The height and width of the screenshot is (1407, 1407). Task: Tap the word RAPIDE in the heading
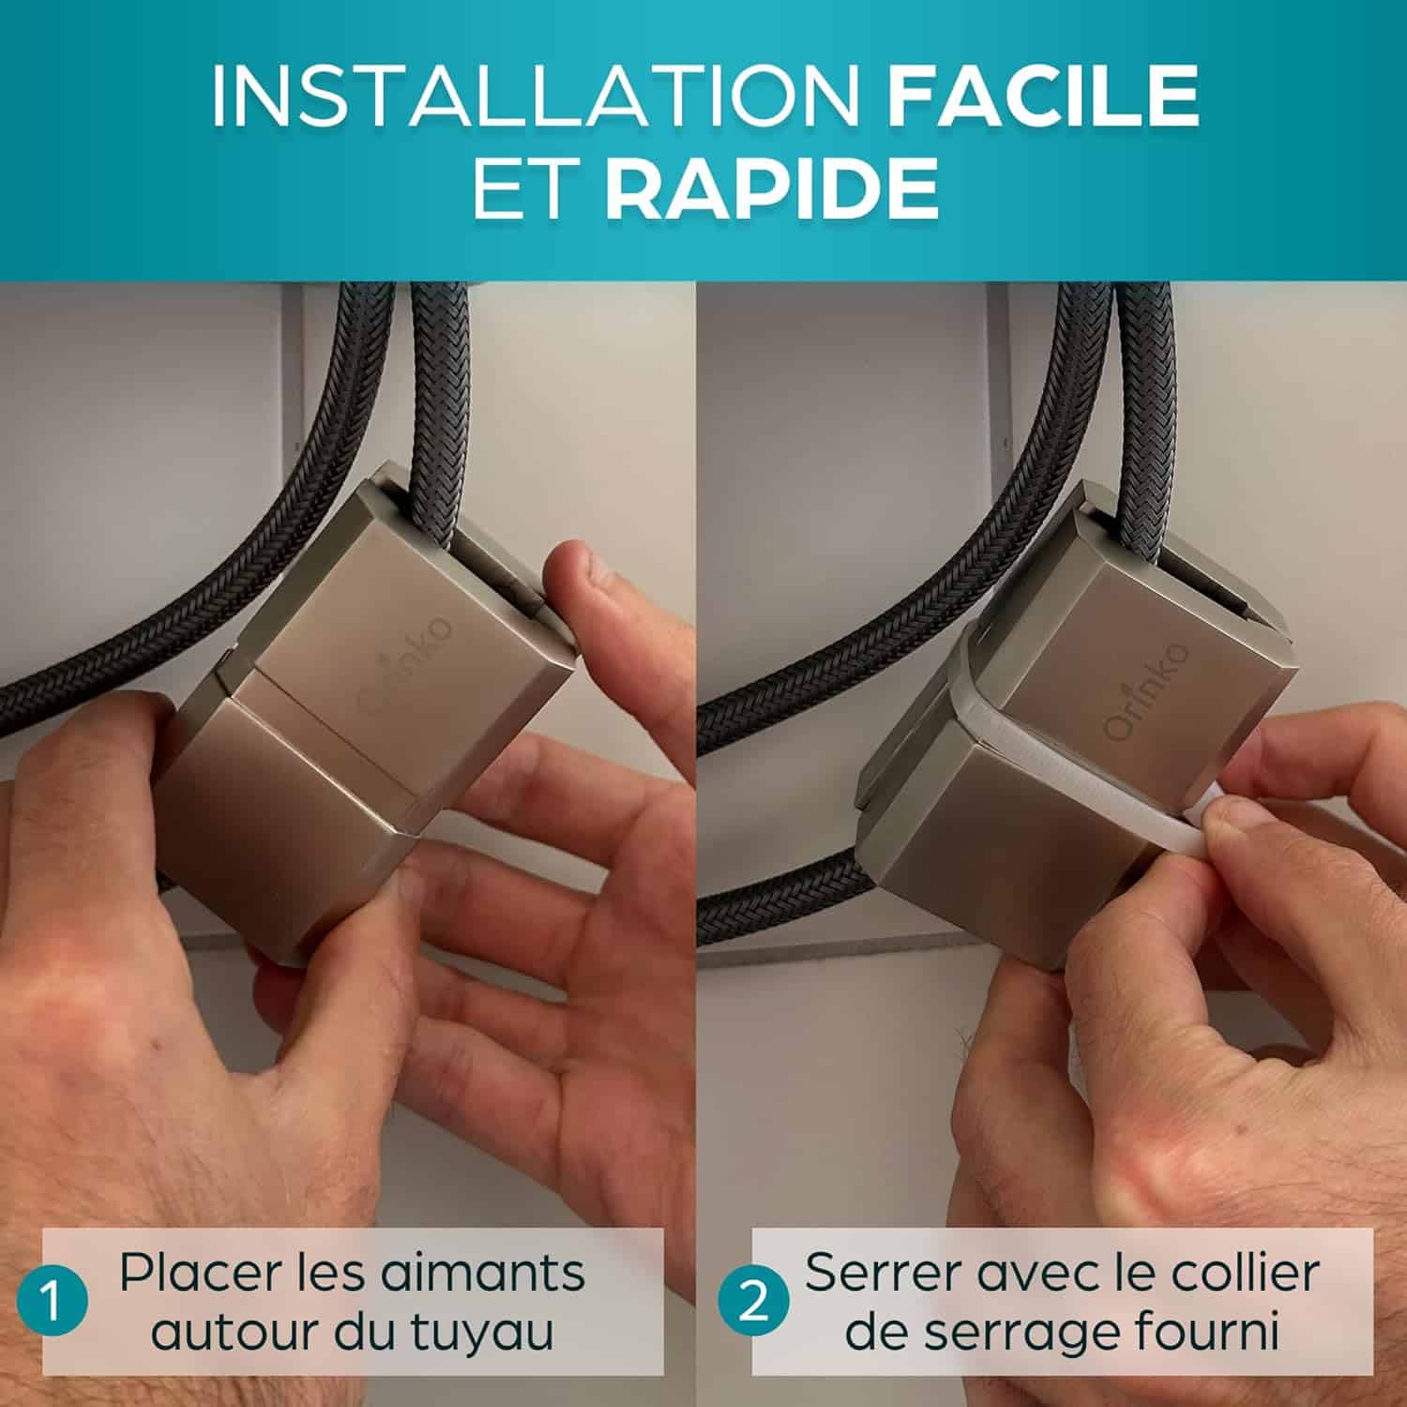[771, 189]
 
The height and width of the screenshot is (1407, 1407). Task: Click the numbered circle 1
[53, 1304]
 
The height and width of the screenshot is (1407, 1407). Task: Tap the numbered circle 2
[752, 1304]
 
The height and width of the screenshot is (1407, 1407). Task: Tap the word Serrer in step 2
[876, 1273]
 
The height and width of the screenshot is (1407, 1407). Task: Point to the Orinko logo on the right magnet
[1146, 689]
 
